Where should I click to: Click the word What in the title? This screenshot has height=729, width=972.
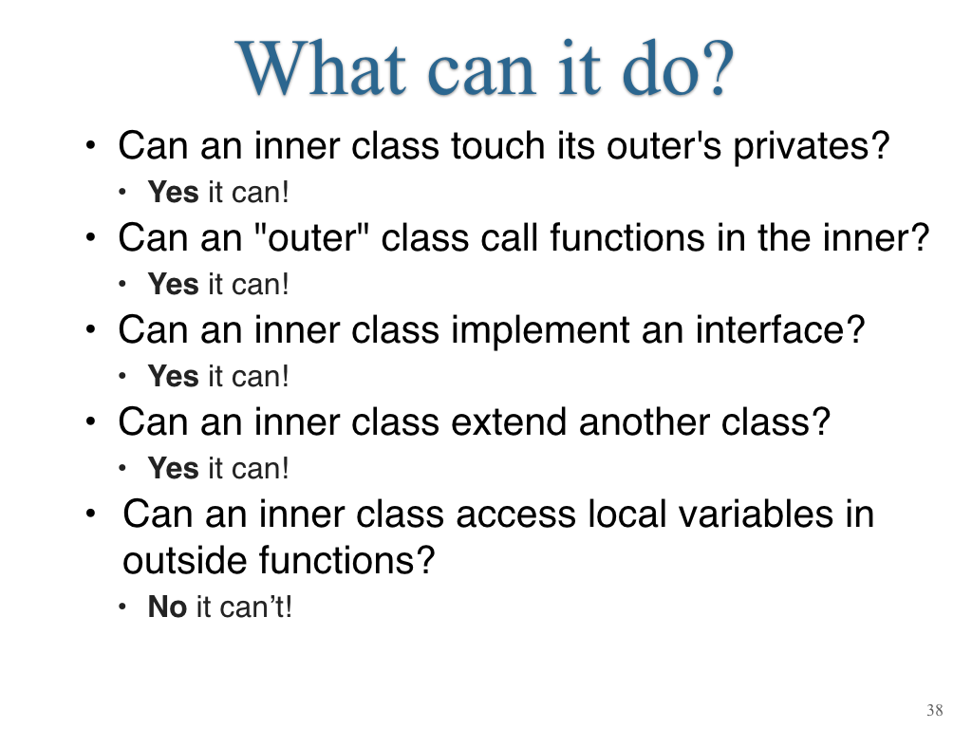pyautogui.click(x=321, y=67)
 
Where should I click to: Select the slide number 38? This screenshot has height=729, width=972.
pyautogui.click(x=935, y=710)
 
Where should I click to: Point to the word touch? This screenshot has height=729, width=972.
pyautogui.click(x=498, y=145)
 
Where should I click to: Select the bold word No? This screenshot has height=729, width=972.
pyautogui.click(x=167, y=607)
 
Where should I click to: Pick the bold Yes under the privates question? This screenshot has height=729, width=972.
pyautogui.click(x=173, y=192)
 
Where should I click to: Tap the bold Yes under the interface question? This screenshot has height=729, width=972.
pyautogui.click(x=173, y=376)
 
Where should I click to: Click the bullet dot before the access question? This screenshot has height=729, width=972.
pyautogui.click(x=91, y=514)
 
